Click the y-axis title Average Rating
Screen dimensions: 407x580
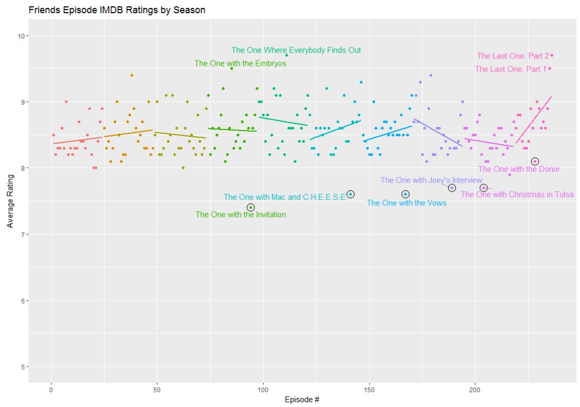click(x=10, y=202)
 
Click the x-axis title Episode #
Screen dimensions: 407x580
click(x=302, y=399)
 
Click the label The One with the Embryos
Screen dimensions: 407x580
click(x=240, y=64)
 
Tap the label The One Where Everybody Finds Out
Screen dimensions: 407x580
click(x=296, y=51)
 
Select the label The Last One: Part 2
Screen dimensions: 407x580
click(x=513, y=56)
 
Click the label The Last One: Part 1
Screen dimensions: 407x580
click(x=511, y=69)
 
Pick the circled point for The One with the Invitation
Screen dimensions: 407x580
click(x=251, y=207)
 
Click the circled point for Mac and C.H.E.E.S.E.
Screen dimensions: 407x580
click(x=351, y=194)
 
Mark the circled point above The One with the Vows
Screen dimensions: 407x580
click(x=405, y=194)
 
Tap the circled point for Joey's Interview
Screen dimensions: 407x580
click(x=452, y=188)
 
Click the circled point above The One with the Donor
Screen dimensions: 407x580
click(x=535, y=162)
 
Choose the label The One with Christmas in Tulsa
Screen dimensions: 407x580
click(x=517, y=195)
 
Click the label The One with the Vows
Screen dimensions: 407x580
click(x=406, y=203)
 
